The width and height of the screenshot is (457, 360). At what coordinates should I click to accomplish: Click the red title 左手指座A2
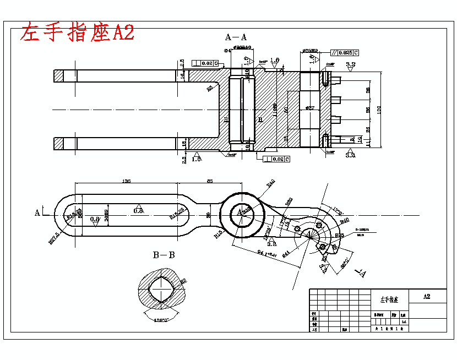(77, 32)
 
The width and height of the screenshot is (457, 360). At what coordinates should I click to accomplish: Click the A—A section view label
(236, 37)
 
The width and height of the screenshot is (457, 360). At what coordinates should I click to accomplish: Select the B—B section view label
(164, 255)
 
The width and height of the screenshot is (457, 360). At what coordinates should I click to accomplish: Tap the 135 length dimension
(126, 181)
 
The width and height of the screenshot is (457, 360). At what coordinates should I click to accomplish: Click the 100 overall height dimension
(378, 110)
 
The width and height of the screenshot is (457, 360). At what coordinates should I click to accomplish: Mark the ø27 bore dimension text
(309, 108)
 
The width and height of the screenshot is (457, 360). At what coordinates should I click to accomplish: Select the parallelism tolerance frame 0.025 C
(345, 53)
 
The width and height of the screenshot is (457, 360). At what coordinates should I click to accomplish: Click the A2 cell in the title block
(426, 296)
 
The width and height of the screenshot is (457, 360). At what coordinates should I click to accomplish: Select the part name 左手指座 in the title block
(389, 300)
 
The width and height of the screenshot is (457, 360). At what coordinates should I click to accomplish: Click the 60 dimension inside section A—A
(286, 110)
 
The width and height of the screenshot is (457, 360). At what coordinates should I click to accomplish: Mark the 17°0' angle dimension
(338, 211)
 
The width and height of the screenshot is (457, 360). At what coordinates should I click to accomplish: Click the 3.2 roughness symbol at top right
(350, 65)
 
